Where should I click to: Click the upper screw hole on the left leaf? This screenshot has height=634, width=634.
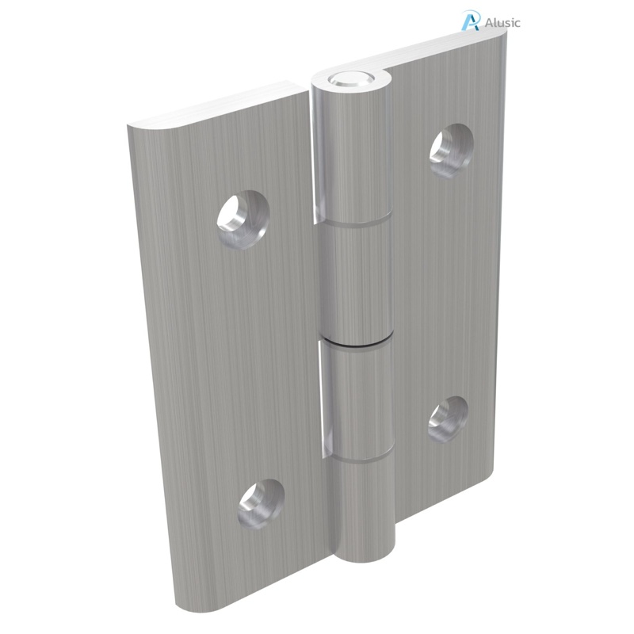click(242, 217)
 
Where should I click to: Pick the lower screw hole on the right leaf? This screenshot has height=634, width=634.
click(448, 418)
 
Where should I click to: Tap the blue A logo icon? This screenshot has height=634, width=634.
click(470, 21)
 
